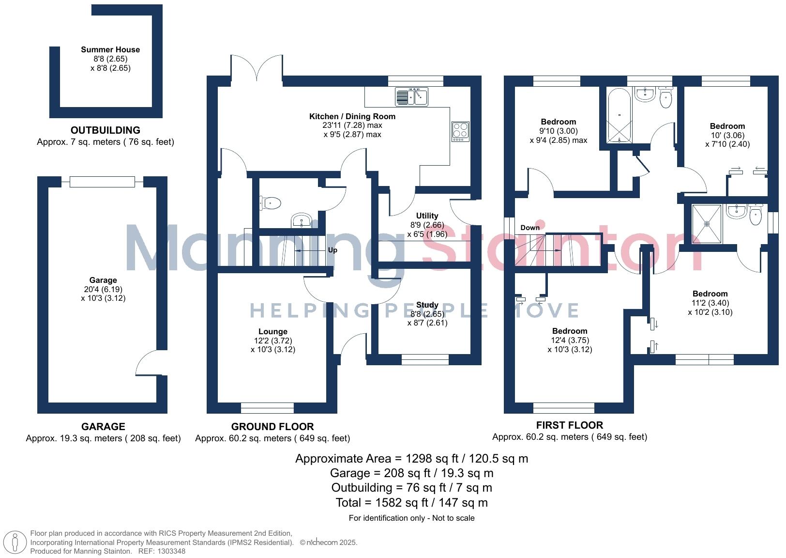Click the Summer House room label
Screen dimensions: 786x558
point(110,49)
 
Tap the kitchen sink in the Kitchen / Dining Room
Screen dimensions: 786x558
point(411,96)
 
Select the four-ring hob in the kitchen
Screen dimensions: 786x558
point(460,131)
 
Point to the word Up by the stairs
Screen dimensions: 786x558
point(333,250)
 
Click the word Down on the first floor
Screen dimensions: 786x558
point(530,228)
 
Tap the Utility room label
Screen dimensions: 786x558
point(427,216)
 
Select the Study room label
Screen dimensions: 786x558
point(427,305)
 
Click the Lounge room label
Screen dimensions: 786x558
point(273,331)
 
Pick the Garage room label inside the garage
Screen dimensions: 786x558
point(103,280)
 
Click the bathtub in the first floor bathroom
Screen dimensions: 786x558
point(620,116)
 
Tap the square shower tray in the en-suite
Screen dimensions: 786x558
point(707,224)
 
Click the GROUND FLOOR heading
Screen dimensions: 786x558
point(272,427)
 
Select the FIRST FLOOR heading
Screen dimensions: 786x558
point(570,425)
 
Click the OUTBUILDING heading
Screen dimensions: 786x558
point(106,130)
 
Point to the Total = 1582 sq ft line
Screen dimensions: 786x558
point(411,502)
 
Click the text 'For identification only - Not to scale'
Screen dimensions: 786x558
point(411,518)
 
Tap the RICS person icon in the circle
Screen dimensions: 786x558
point(15,542)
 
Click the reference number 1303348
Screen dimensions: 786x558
point(171,551)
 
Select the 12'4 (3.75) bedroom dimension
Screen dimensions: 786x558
point(570,341)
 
